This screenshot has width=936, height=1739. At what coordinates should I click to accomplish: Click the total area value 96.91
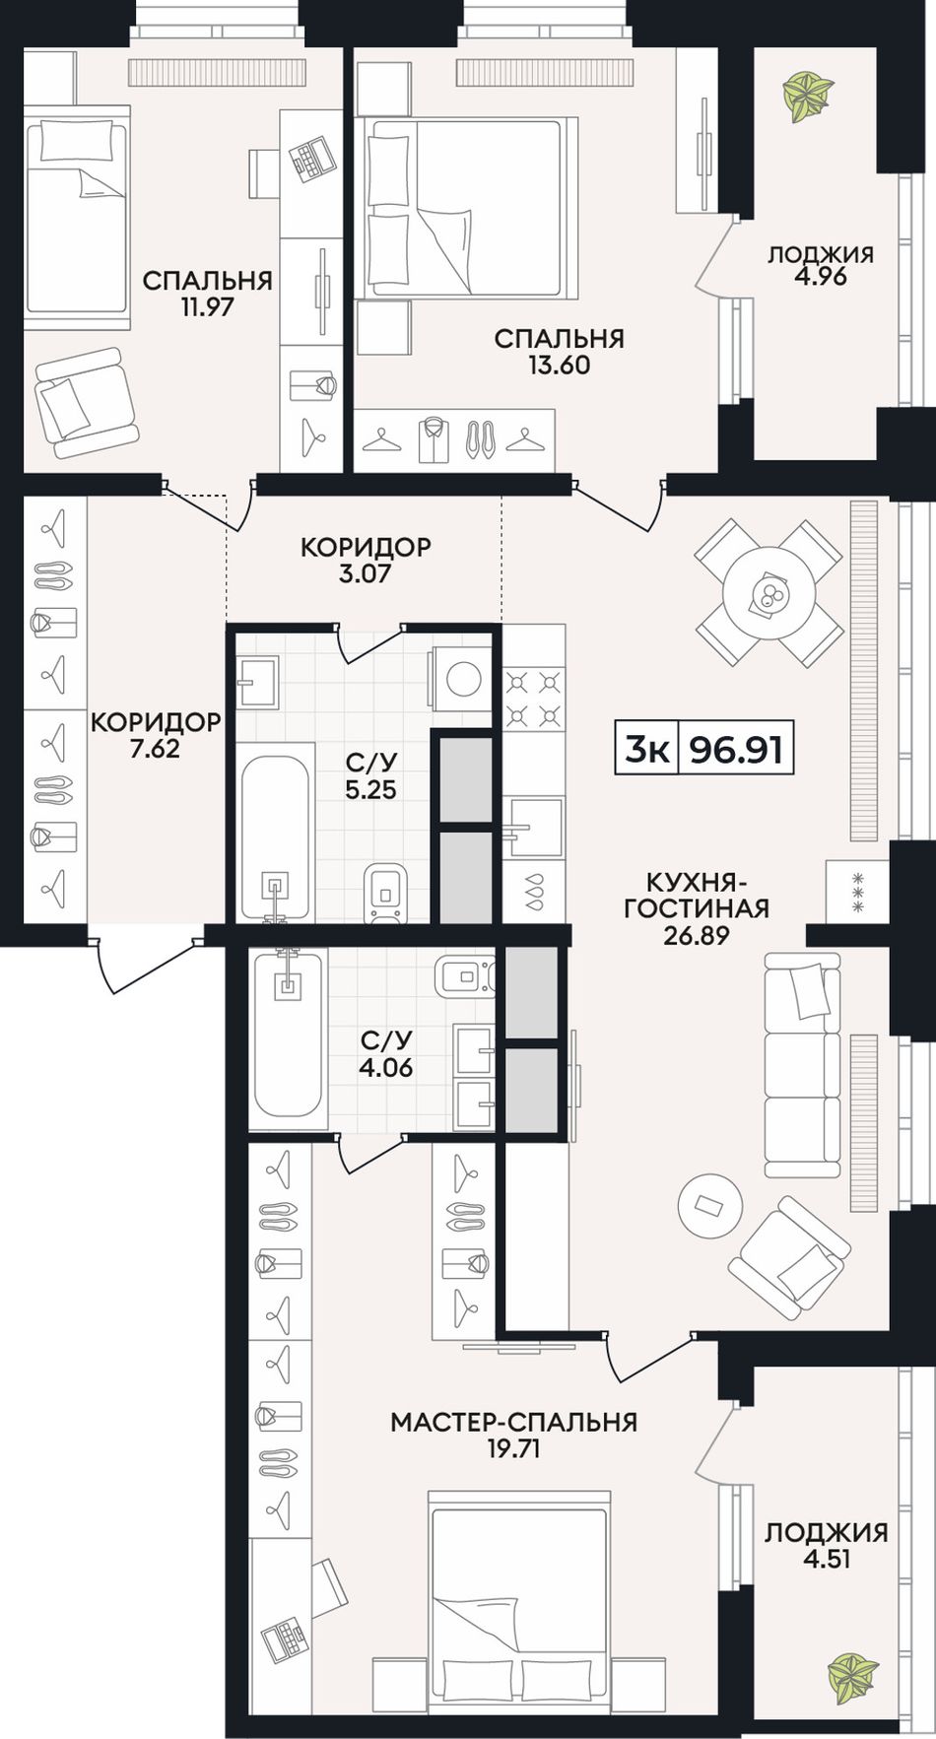click(736, 750)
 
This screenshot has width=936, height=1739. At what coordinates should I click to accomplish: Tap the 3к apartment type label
click(647, 750)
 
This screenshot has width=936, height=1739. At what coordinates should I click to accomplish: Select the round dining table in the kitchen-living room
click(768, 592)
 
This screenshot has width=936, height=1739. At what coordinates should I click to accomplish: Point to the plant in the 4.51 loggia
click(852, 1671)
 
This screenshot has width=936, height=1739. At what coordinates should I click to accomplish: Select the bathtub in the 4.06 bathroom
click(288, 1038)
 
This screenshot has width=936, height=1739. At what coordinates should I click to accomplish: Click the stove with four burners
click(534, 696)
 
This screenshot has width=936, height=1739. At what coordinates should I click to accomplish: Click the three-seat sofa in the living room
click(803, 1065)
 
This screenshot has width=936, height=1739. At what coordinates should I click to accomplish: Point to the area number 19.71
click(513, 1448)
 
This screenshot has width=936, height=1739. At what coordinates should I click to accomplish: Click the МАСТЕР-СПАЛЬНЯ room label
click(513, 1422)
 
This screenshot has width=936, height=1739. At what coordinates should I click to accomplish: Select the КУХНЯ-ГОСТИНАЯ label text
click(697, 895)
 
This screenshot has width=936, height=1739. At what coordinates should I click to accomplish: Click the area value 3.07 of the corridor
click(366, 572)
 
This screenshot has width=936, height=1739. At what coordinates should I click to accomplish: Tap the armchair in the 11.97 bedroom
click(87, 403)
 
